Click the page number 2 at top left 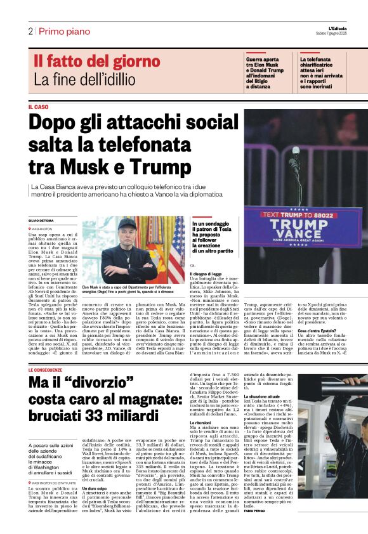click(30, 31)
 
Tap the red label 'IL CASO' click(38, 107)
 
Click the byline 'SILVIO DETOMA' click(41, 220)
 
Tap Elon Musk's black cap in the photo click(127, 224)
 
